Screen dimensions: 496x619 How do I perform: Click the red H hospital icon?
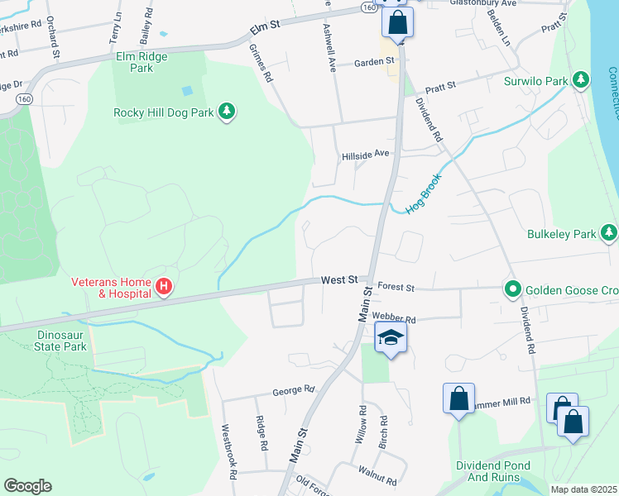(x=165, y=287)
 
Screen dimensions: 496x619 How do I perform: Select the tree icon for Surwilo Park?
(x=582, y=81)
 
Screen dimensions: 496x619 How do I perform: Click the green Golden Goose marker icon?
(x=513, y=289)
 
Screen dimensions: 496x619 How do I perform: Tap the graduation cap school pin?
(x=390, y=337)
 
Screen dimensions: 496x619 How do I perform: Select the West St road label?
(x=339, y=281)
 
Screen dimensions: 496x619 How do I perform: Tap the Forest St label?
(x=395, y=288)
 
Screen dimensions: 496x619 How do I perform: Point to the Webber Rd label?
(x=393, y=317)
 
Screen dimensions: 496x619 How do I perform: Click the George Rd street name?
(x=295, y=389)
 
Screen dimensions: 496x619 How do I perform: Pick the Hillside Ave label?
(x=365, y=154)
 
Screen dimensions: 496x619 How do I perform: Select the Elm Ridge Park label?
(x=142, y=62)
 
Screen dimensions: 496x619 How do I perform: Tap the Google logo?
(x=27, y=486)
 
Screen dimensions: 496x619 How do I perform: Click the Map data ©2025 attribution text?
(x=583, y=489)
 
